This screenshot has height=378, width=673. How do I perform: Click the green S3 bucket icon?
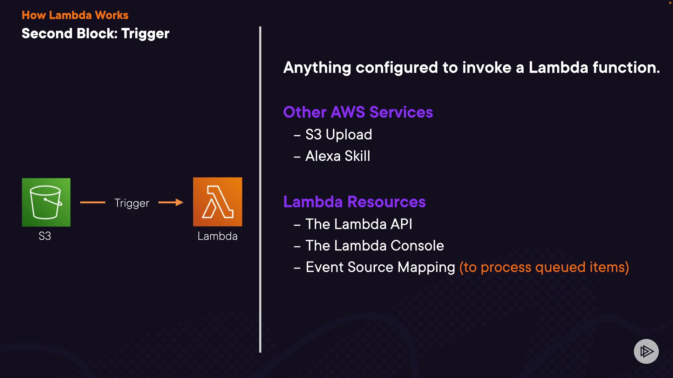tap(46, 202)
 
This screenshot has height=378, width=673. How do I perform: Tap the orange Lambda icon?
tap(218, 202)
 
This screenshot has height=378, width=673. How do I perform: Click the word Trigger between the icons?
tap(132, 203)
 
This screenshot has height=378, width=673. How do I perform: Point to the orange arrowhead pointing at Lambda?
tap(179, 202)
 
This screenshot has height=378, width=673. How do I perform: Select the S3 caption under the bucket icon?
tap(45, 236)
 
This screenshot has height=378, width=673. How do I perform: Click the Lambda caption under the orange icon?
tap(218, 236)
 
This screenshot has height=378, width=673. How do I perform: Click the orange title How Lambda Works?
tap(75, 15)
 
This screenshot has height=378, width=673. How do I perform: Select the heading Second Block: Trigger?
tap(95, 34)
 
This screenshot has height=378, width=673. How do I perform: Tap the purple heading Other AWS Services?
tap(358, 112)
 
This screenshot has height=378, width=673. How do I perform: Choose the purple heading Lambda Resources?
tap(354, 202)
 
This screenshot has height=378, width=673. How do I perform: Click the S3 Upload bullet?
tap(339, 135)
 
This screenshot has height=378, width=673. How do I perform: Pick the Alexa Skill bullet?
tap(338, 156)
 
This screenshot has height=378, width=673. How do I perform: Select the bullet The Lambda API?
tap(359, 224)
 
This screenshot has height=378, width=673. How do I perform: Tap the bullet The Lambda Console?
tap(375, 245)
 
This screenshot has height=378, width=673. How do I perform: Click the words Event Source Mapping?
tap(380, 267)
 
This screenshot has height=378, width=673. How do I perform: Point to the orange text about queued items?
tap(544, 267)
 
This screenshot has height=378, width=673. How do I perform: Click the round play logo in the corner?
tap(646, 351)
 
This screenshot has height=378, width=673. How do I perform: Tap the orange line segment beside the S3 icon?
tap(93, 202)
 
